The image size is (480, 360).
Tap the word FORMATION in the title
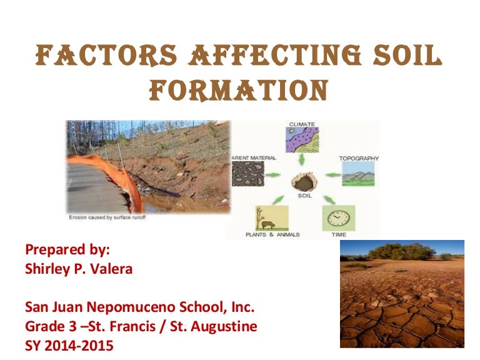click(x=240, y=91)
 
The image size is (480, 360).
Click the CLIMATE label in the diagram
click(x=301, y=124)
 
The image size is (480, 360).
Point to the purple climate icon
click(x=302, y=139)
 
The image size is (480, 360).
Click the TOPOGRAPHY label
click(x=359, y=158)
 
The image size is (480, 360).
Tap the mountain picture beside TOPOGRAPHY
click(x=358, y=174)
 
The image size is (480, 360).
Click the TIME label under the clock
click(x=338, y=234)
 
